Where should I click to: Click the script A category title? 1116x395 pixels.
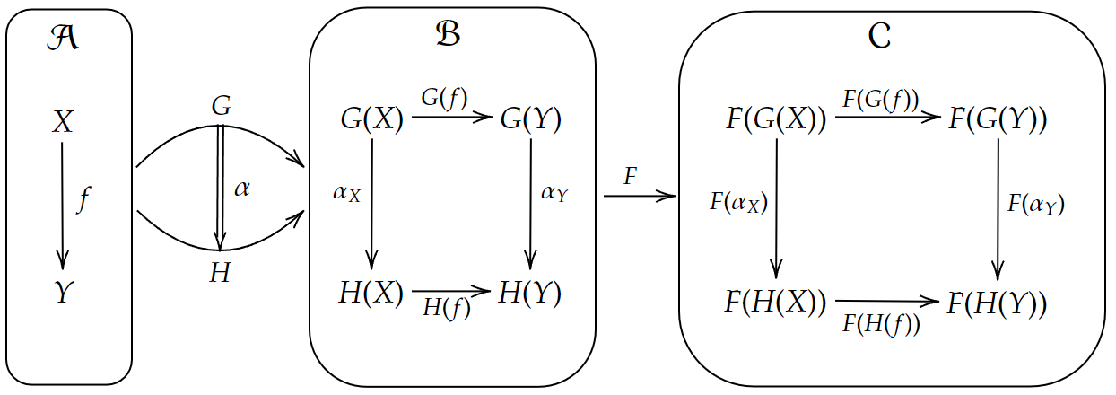62,40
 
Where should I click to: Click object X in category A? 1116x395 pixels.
62,123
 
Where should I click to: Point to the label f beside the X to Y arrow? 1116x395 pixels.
84,199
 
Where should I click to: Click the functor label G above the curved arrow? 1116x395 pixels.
221,106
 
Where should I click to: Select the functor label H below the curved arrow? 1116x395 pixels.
220,274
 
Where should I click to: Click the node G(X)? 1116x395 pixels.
372,119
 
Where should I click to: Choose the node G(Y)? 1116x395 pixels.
531,119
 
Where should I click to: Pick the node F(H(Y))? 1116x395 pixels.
998,303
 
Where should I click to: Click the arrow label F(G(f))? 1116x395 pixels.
881,99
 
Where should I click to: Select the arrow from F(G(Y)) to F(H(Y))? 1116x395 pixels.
998,209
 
